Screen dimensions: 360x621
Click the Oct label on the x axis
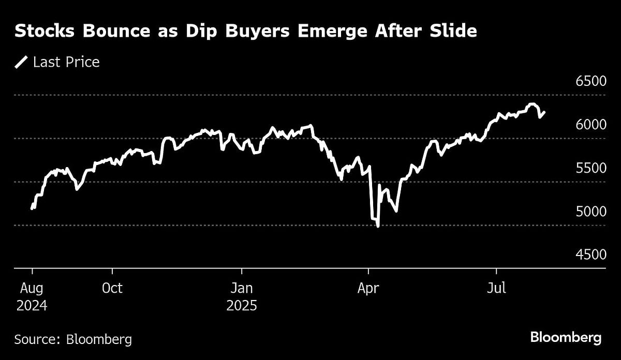[x=112, y=288]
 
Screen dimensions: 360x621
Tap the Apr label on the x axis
[x=368, y=288]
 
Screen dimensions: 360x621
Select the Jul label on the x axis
[x=496, y=288]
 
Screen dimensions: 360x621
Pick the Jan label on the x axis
[x=242, y=288]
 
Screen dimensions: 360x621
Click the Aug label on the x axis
[x=32, y=288]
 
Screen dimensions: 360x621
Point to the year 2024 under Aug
[x=32, y=306]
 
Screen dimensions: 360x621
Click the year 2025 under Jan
[x=242, y=306]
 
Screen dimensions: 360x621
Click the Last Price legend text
[x=66, y=63]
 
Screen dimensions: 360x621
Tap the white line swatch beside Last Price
[x=21, y=63]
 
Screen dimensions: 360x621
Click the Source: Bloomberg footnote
[x=73, y=339]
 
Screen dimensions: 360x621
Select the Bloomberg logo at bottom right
[x=566, y=338]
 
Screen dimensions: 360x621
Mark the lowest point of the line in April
[x=378, y=226]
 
